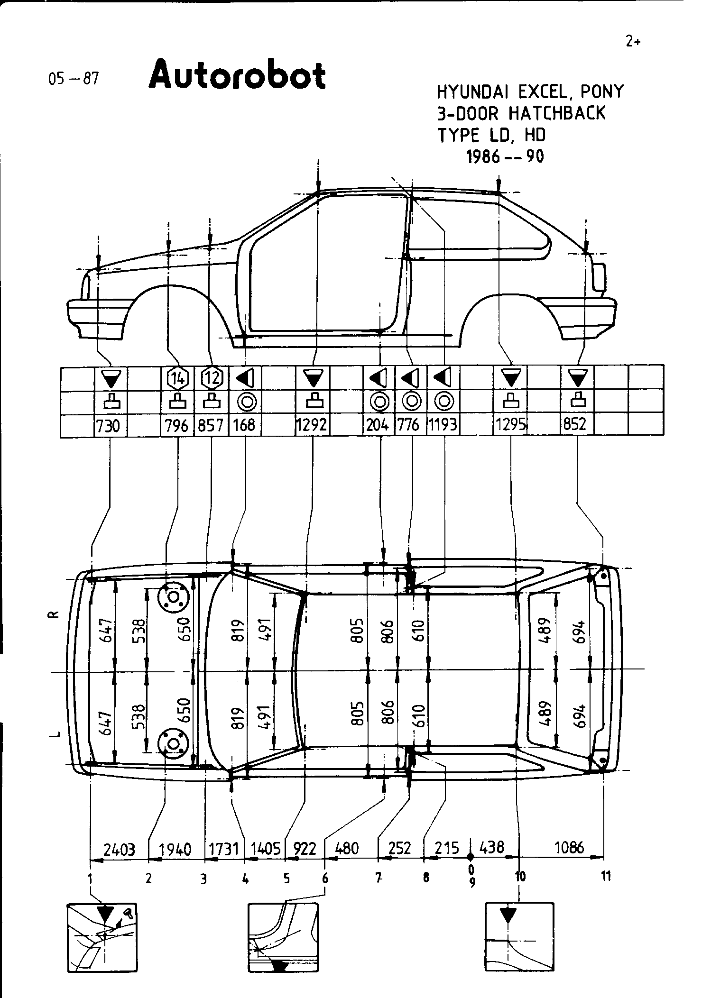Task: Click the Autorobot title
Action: [237, 76]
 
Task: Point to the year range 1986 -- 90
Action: [505, 156]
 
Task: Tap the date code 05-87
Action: [73, 79]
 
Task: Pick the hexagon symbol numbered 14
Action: [178, 378]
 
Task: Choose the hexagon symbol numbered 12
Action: [211, 378]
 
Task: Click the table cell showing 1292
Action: [312, 425]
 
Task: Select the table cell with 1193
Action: [443, 425]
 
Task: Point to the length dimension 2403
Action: [119, 848]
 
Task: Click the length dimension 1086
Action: [569, 847]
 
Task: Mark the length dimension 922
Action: [305, 848]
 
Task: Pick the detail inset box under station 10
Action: [519, 937]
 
